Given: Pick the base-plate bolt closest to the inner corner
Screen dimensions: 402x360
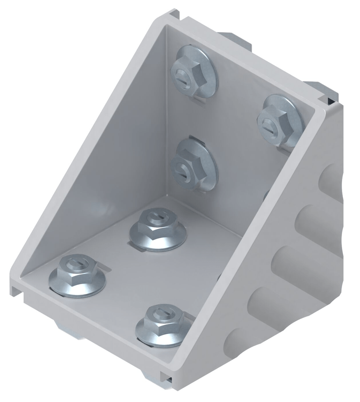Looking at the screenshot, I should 158,228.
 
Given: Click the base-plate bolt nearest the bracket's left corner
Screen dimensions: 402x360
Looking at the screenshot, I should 77,275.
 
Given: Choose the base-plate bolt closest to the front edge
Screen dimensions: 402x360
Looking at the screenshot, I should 164,325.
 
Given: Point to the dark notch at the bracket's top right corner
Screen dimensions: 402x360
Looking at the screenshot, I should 331,100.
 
